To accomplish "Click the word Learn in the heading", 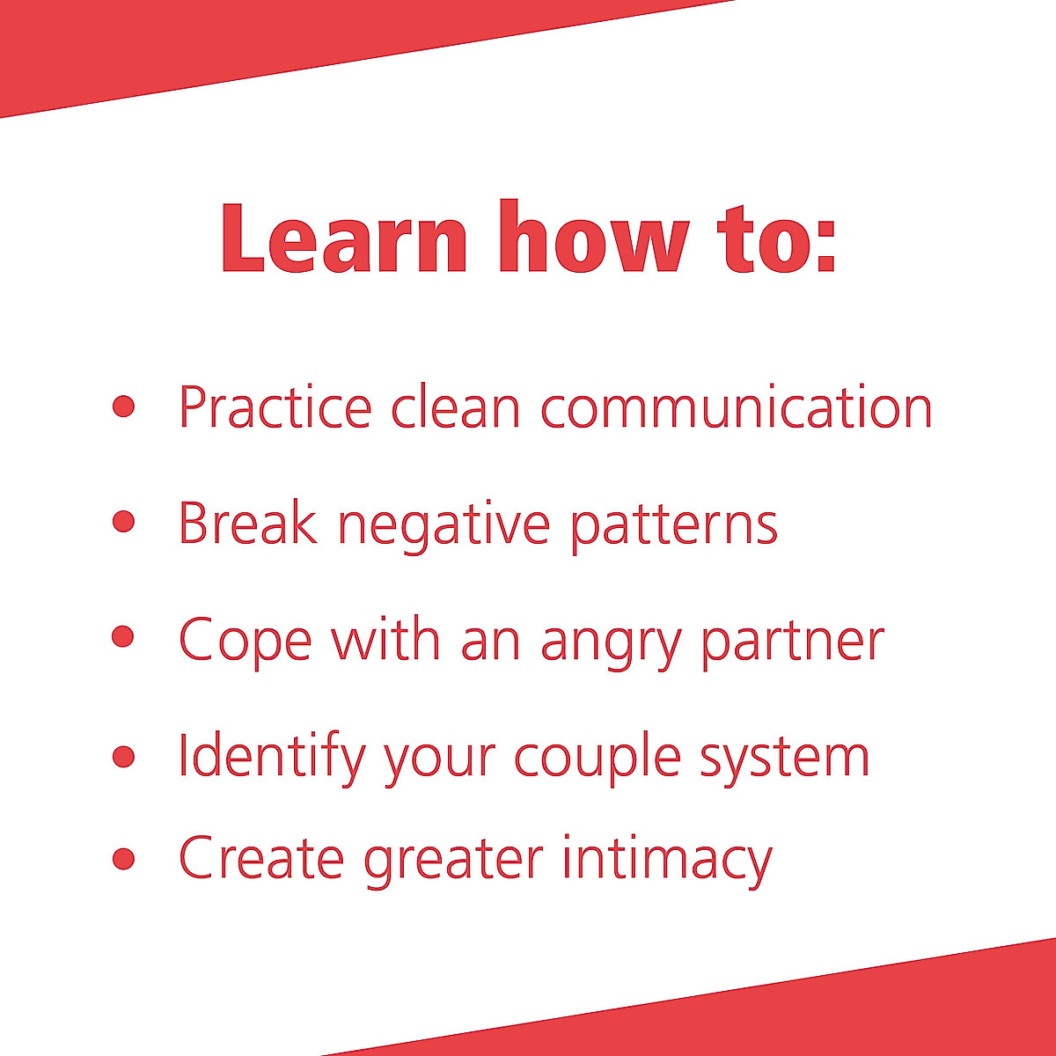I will pos(344,238).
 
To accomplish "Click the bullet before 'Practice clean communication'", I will pos(124,406).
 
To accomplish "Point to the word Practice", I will pos(275,407).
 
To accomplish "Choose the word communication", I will pos(737,407).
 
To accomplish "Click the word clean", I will pos(455,407).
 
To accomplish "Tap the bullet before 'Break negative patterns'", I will pos(124,522).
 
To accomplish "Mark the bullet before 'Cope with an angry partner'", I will pos(124,636).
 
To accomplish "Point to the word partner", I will pos(793,642).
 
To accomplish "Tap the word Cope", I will pos(245,642).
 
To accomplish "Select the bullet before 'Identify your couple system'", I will pos(124,756).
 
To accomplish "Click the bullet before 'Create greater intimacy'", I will pos(124,858).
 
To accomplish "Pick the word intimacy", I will pos(667,860).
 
